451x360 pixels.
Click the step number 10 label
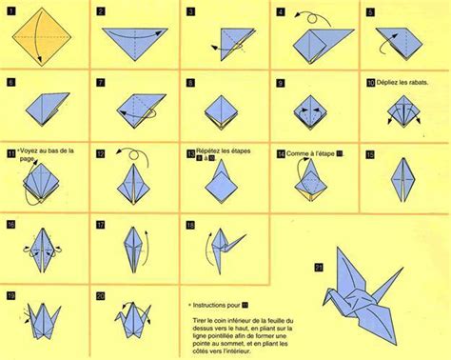pos(369,84)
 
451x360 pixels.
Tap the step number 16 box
pos(11,226)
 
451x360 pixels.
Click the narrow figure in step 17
pos(133,252)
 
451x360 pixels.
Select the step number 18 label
pos(191,226)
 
